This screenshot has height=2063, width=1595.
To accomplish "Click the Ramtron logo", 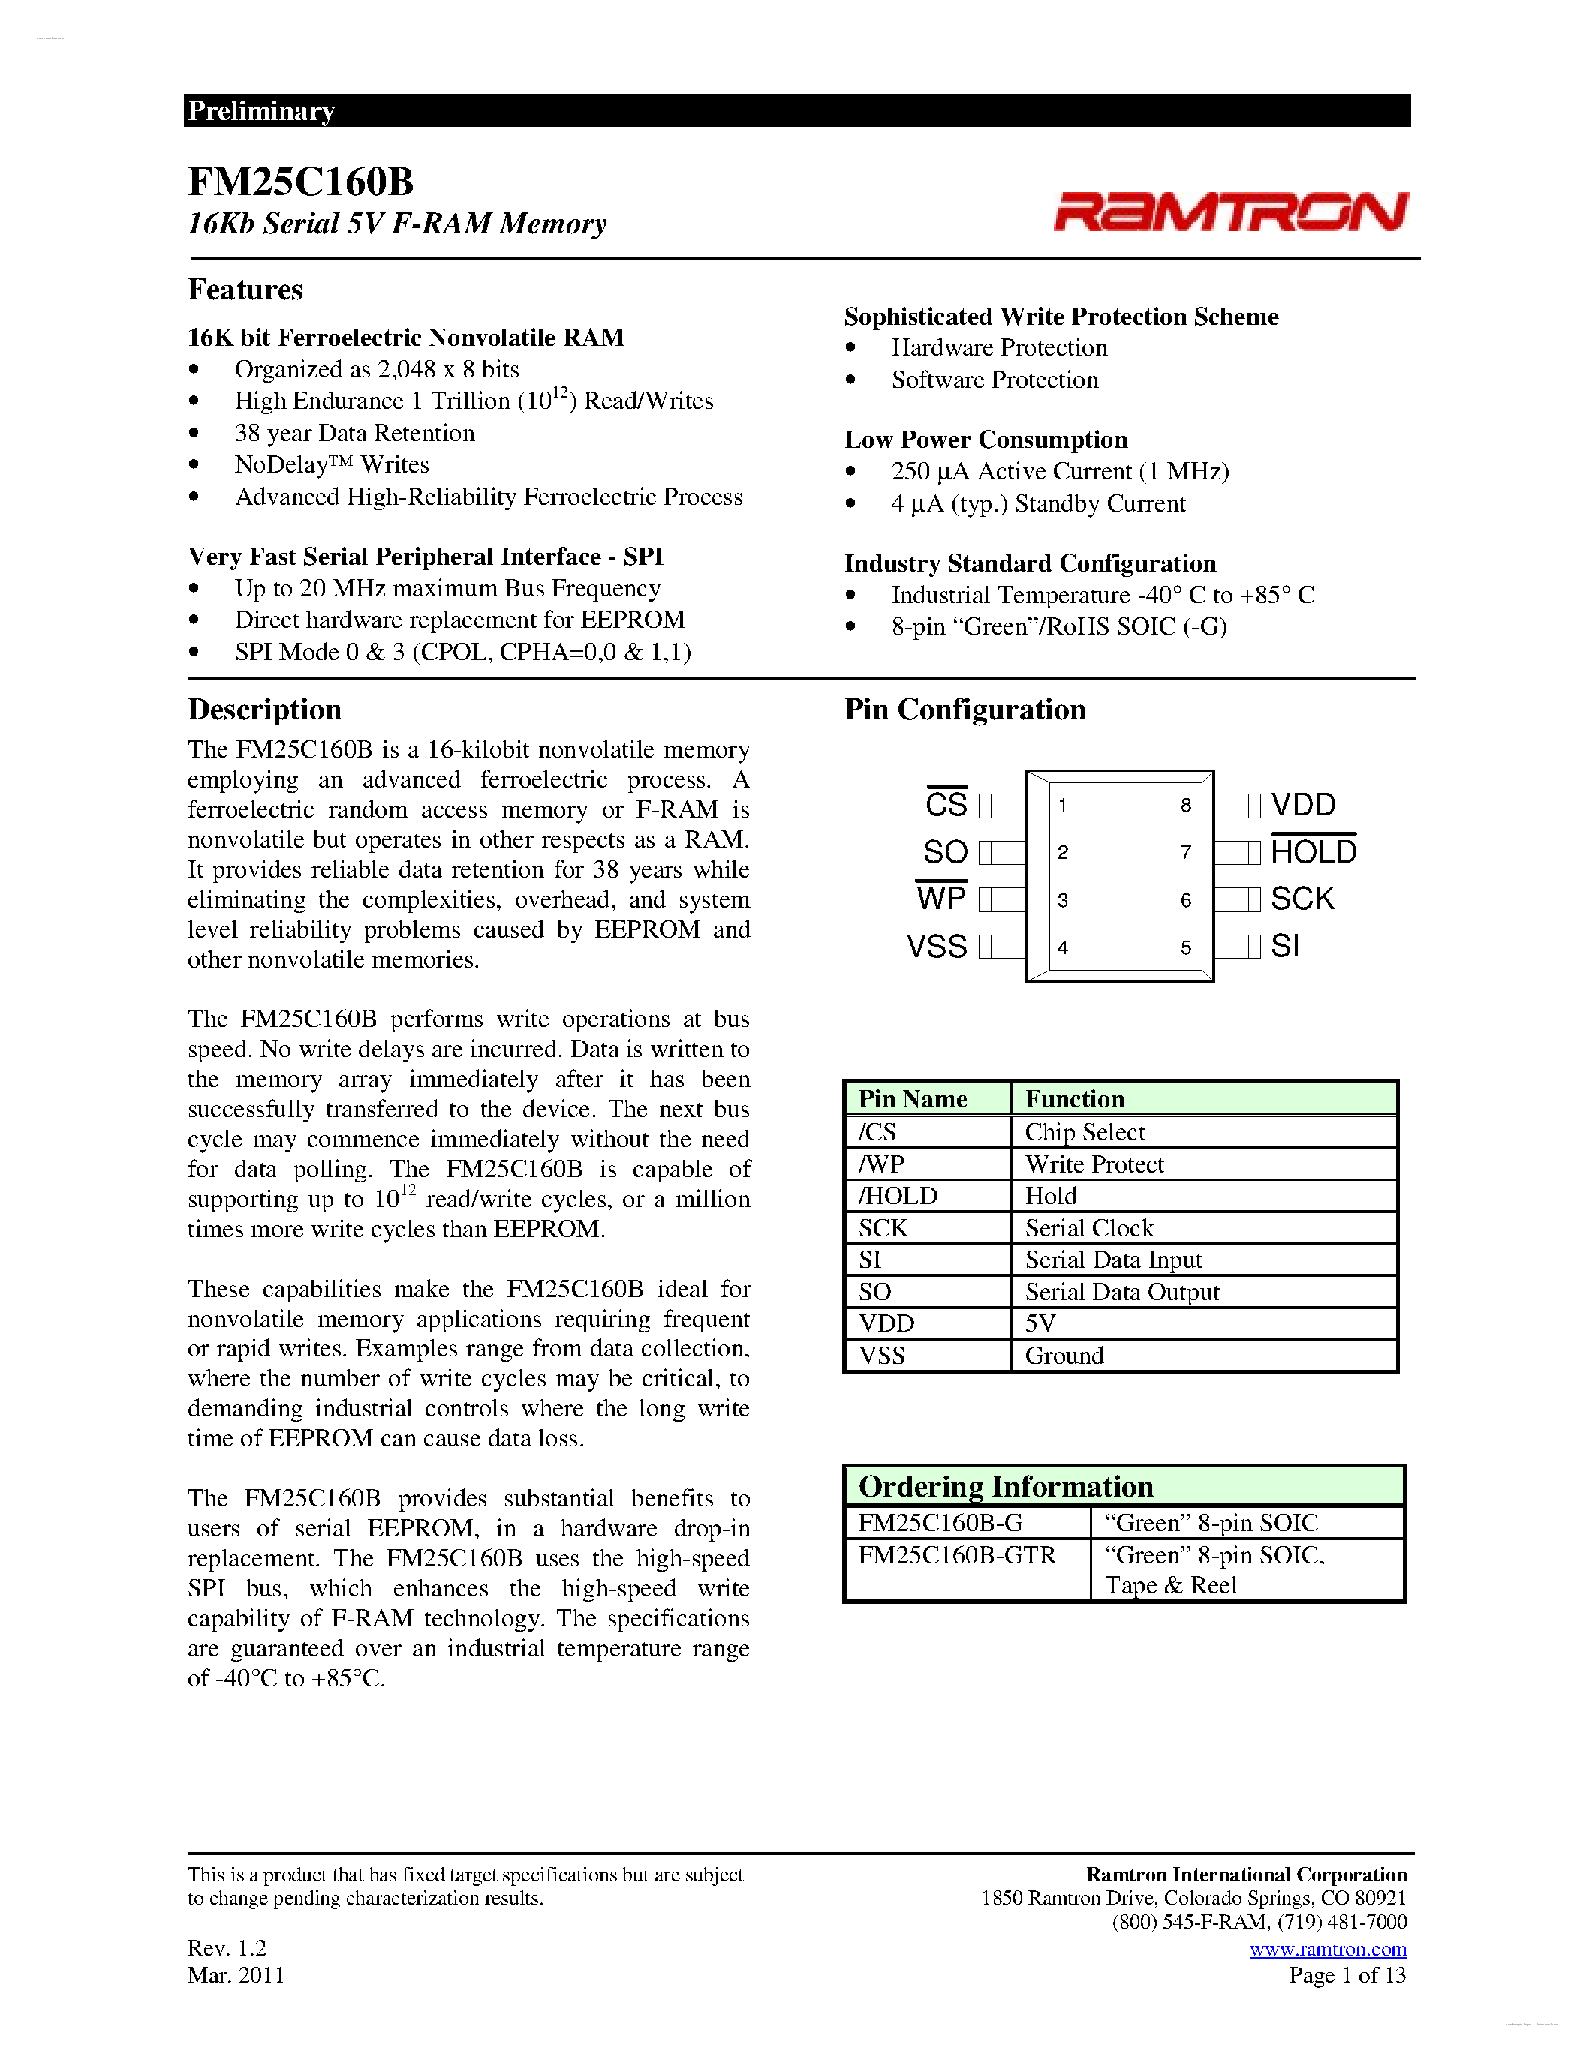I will tap(1230, 211).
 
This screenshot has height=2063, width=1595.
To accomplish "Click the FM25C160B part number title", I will tap(300, 182).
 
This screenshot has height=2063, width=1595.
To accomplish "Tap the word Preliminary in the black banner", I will tap(260, 110).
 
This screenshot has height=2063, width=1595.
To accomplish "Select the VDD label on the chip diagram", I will tap(1303, 805).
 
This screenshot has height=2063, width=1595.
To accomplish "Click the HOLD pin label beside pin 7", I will tap(1314, 852).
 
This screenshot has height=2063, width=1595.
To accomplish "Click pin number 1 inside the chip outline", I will tap(1063, 806).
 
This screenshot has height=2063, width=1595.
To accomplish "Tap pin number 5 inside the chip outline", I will tap(1185, 947).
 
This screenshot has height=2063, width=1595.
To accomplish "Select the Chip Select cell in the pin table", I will tap(1085, 1131).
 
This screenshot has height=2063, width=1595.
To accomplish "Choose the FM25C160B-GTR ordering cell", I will tap(956, 1555).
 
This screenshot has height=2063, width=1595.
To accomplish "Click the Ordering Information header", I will tap(1005, 1487).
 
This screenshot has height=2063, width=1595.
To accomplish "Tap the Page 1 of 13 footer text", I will tap(1347, 1975).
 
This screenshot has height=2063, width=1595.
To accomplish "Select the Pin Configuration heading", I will tap(964, 710).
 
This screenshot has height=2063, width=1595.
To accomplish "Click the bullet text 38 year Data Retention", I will tap(354, 433).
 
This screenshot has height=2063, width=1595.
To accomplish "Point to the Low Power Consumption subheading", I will tap(986, 440).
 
